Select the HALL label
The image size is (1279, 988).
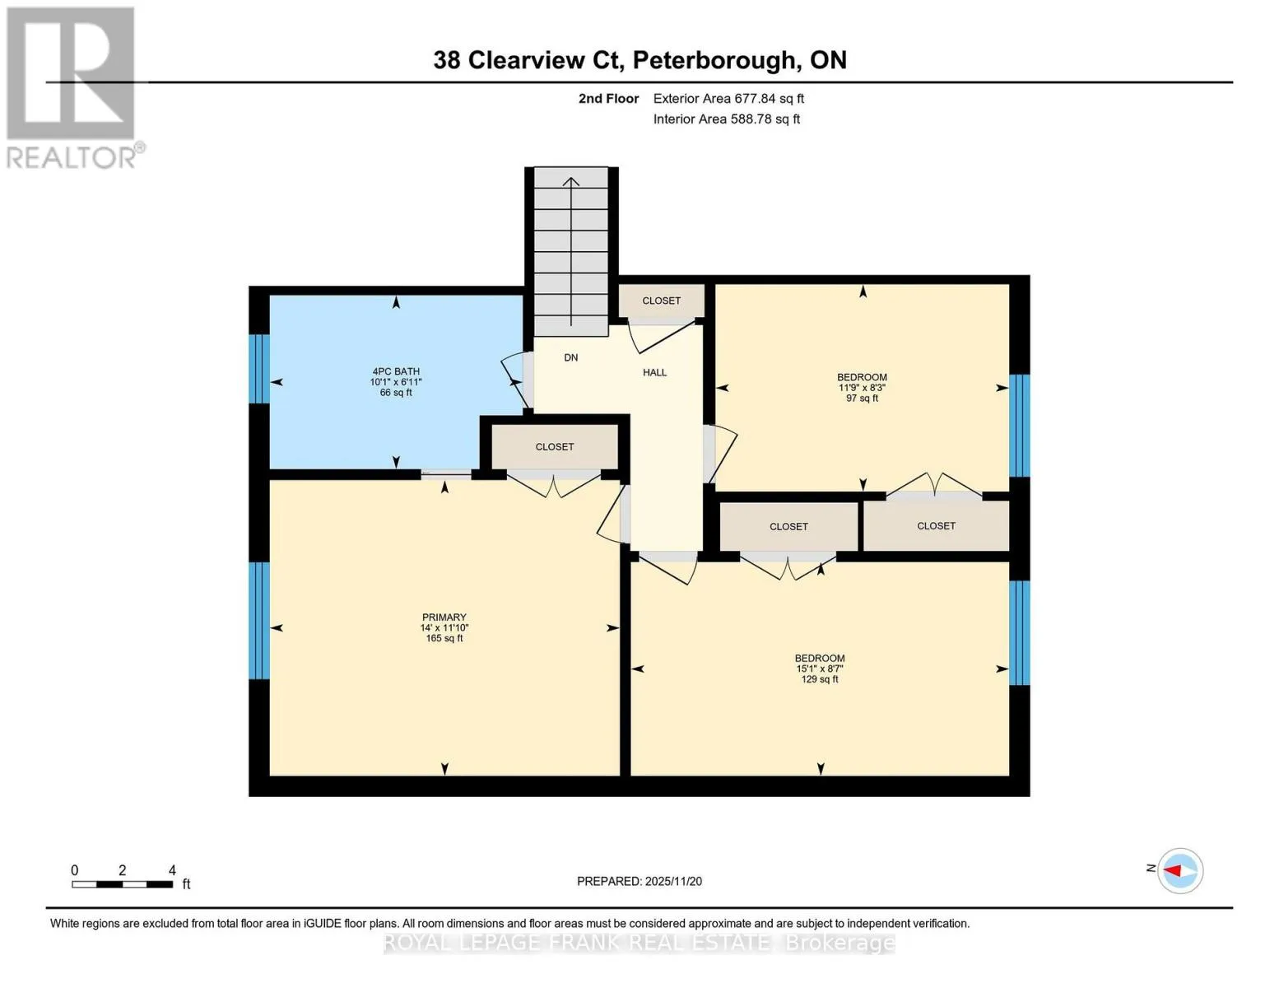[654, 372]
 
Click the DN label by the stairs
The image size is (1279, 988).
[570, 357]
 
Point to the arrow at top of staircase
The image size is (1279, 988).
[571, 182]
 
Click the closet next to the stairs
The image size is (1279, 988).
[661, 301]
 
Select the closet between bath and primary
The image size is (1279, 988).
[554, 446]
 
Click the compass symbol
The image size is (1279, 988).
[1180, 870]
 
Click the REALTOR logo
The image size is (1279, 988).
[72, 87]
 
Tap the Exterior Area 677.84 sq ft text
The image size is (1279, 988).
[728, 98]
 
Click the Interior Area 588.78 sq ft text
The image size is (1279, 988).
[726, 119]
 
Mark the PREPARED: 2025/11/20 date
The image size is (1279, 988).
[639, 881]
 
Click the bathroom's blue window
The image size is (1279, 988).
[259, 368]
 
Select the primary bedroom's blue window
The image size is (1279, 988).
[259, 620]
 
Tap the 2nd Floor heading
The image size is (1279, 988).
[608, 98]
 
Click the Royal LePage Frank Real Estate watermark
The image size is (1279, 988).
[639, 943]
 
